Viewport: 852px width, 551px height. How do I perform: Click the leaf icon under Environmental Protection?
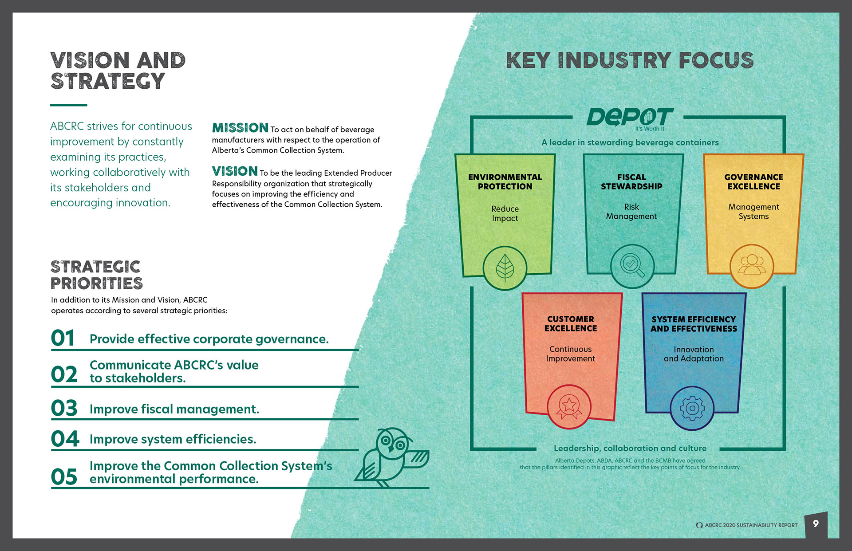505,268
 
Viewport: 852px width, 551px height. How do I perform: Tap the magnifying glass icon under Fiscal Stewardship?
632,266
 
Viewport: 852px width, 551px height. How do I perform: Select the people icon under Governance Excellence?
752,266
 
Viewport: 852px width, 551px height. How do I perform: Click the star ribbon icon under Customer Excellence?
569,406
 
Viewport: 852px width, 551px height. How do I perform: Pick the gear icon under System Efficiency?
692,408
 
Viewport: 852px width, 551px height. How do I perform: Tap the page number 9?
816,524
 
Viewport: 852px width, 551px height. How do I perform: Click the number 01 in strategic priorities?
63,338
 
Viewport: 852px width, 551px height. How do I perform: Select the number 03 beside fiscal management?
64,408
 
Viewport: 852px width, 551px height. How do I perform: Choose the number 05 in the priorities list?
64,477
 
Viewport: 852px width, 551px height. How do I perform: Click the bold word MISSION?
240,128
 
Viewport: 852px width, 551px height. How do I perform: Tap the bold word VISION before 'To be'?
235,171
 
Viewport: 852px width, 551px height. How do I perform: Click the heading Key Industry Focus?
630,60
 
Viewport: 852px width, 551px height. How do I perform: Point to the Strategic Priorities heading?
96,275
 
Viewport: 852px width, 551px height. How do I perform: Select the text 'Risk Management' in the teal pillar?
631,212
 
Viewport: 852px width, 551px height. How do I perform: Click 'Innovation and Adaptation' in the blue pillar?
694,354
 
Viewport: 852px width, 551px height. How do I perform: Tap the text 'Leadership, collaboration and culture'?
630,448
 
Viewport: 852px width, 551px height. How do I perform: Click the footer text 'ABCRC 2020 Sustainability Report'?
751,525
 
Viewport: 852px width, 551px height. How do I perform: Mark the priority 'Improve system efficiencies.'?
173,439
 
